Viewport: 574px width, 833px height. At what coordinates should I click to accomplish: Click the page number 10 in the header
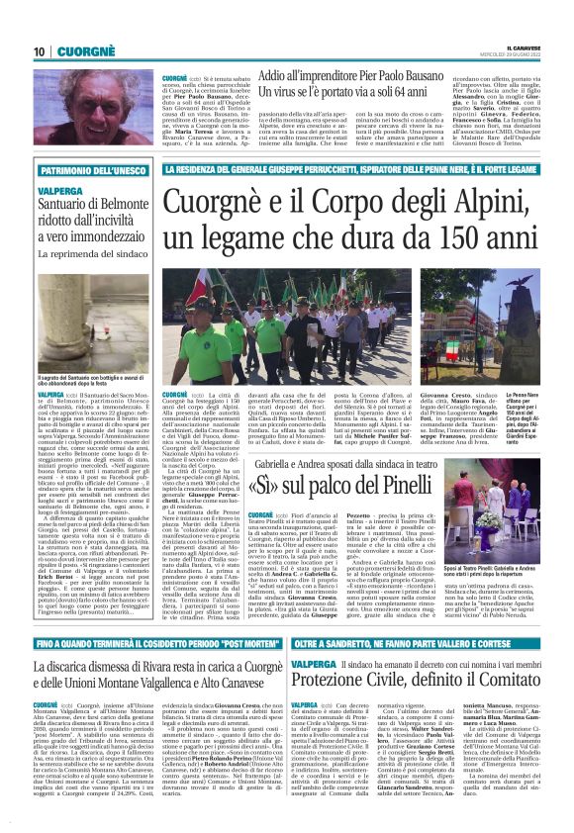click(x=39, y=50)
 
